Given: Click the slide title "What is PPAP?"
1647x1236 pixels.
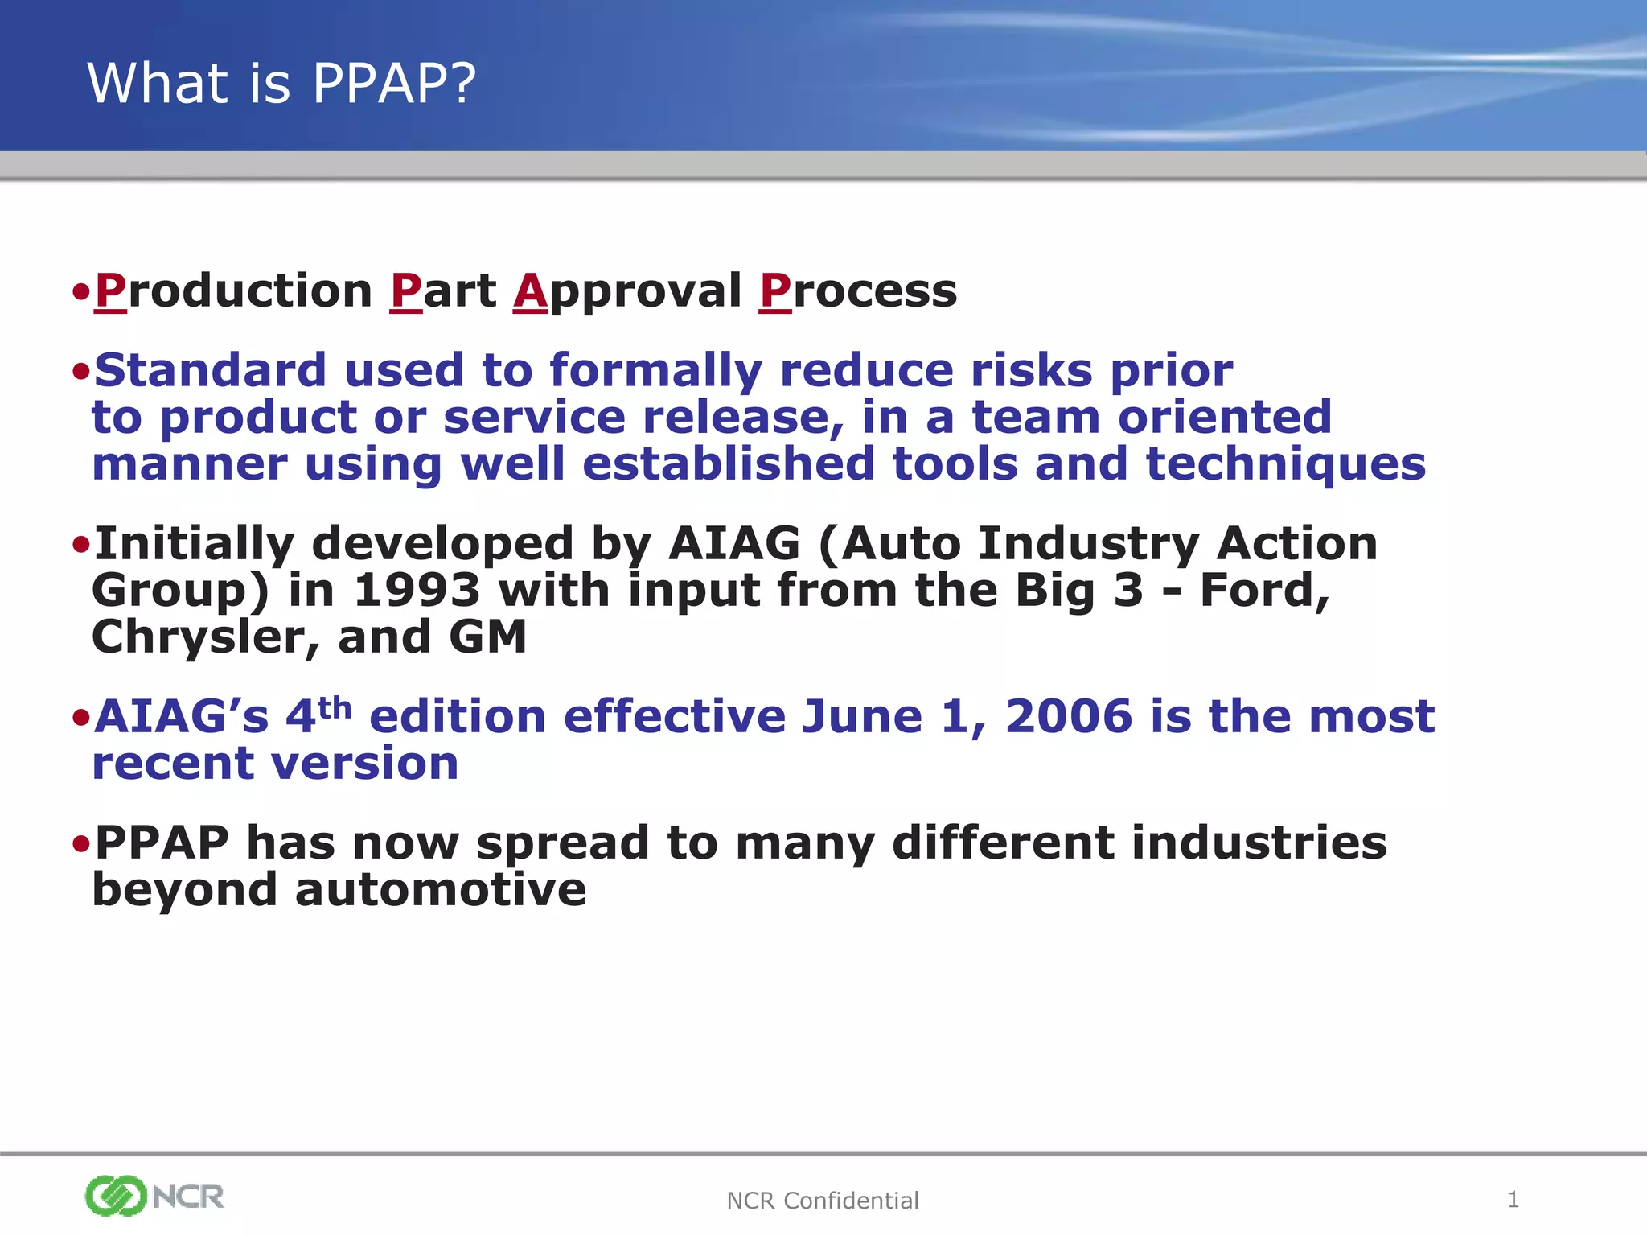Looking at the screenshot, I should click(281, 83).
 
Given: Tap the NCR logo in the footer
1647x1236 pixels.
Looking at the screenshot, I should click(154, 1196).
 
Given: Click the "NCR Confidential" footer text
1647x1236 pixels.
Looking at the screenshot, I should click(822, 1201).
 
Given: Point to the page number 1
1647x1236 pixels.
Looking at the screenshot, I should click(1513, 1200).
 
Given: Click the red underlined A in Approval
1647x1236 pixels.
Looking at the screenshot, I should click(531, 291).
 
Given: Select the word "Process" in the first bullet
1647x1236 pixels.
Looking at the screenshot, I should click(858, 291).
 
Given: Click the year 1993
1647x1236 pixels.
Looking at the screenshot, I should click(417, 591).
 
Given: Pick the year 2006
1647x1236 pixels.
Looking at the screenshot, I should click(1068, 717).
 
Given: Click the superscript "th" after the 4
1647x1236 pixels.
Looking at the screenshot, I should click(335, 708).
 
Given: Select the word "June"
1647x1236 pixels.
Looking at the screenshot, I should click(862, 717).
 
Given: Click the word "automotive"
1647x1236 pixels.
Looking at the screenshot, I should click(441, 890).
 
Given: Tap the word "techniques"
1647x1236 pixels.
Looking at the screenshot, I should click(1285, 465).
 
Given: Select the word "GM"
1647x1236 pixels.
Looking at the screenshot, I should click(487, 637).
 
